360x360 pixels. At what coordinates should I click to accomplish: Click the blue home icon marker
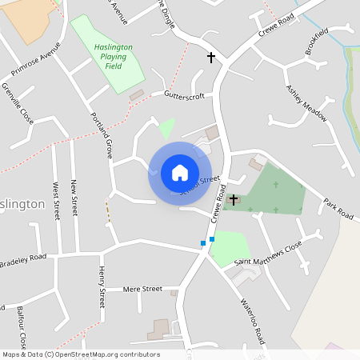click(x=180, y=173)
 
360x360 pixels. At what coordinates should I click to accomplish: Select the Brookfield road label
click(x=316, y=42)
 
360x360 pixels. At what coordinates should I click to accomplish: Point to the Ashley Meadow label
click(x=307, y=102)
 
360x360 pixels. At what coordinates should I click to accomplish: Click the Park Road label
click(x=338, y=208)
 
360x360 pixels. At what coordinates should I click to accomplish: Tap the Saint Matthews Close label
click(x=268, y=253)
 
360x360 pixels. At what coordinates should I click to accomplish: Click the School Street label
click(x=200, y=186)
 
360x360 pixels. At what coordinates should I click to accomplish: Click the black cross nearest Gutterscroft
click(x=212, y=58)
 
